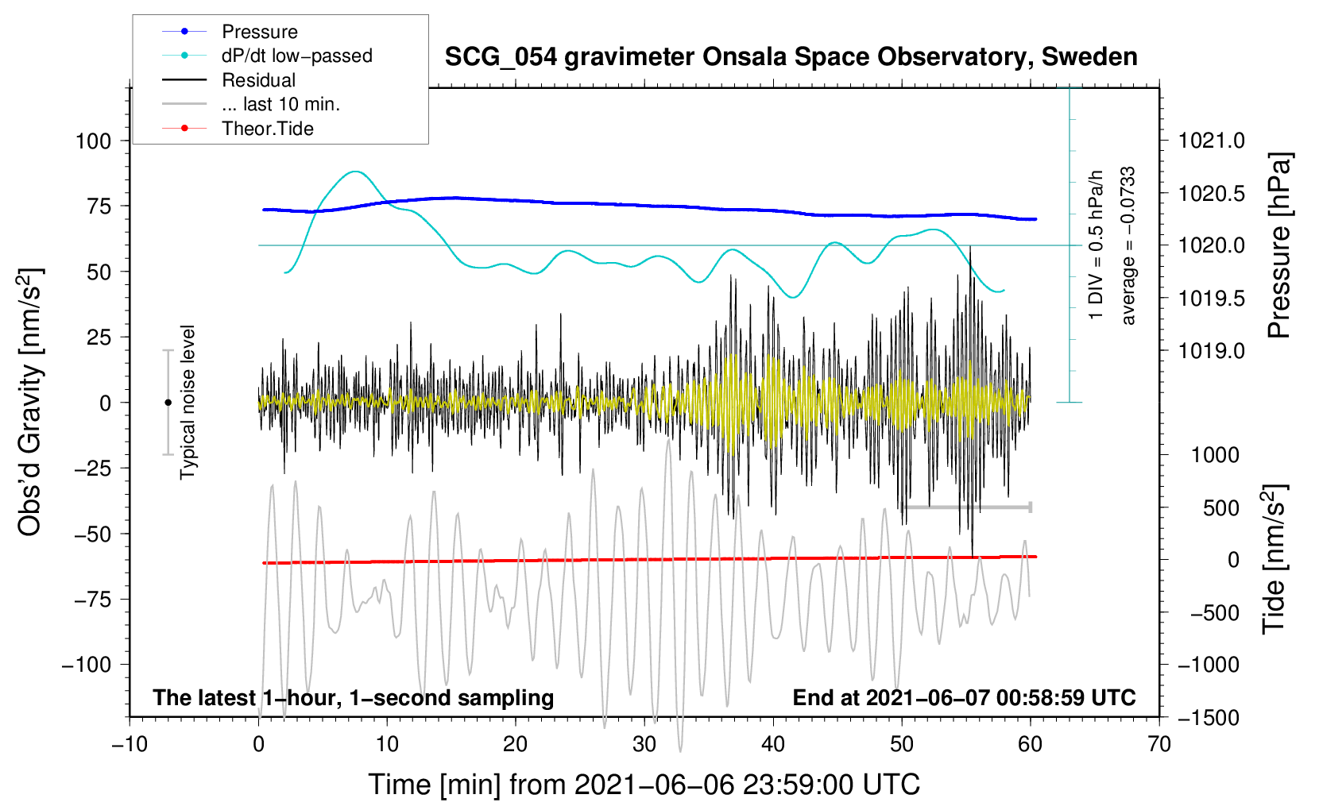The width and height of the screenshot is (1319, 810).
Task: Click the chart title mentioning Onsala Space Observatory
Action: click(791, 57)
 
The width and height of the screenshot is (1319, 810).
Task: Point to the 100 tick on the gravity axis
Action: click(93, 141)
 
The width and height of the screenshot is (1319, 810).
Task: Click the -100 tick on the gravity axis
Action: click(87, 665)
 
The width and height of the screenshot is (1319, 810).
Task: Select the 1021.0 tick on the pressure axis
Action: click(1212, 141)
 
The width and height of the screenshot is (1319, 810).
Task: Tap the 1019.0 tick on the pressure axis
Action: click(1212, 351)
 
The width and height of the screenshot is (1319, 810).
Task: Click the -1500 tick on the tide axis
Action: click(1209, 718)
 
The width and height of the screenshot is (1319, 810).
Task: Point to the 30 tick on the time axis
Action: click(644, 745)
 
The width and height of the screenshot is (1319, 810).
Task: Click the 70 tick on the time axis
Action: click(1159, 745)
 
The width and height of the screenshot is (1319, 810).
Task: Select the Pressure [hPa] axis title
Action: click(1279, 246)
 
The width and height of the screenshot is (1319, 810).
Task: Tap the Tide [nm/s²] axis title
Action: click(1275, 559)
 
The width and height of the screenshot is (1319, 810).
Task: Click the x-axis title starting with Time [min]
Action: click(644, 785)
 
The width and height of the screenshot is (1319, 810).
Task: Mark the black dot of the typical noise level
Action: click(168, 403)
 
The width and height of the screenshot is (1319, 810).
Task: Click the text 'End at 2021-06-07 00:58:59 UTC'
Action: click(964, 698)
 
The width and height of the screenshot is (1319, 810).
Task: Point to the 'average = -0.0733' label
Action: click(1128, 246)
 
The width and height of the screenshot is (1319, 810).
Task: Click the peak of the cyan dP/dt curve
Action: click(355, 172)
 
